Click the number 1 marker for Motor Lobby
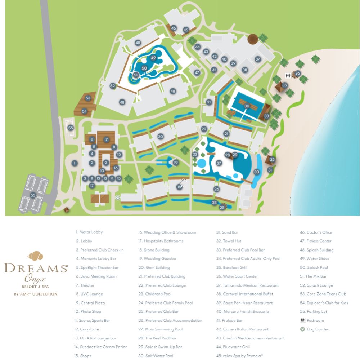pos(75,163)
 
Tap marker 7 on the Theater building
pos(106,139)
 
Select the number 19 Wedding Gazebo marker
pos(176,163)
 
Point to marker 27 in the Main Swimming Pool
pos(219,163)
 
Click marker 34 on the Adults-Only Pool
pos(247,106)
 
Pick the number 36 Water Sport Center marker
pos(297,74)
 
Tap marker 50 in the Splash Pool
pos(144,68)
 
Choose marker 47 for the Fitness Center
pos(197,72)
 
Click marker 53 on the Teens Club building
pos(88,98)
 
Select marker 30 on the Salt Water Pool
pos(256,172)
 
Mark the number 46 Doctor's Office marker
pos(174,28)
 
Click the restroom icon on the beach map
pos(288,75)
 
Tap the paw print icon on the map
pos(118,197)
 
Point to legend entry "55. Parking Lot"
pos(314,312)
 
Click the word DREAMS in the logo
pos(36,268)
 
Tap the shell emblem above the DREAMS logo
pos(36,256)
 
